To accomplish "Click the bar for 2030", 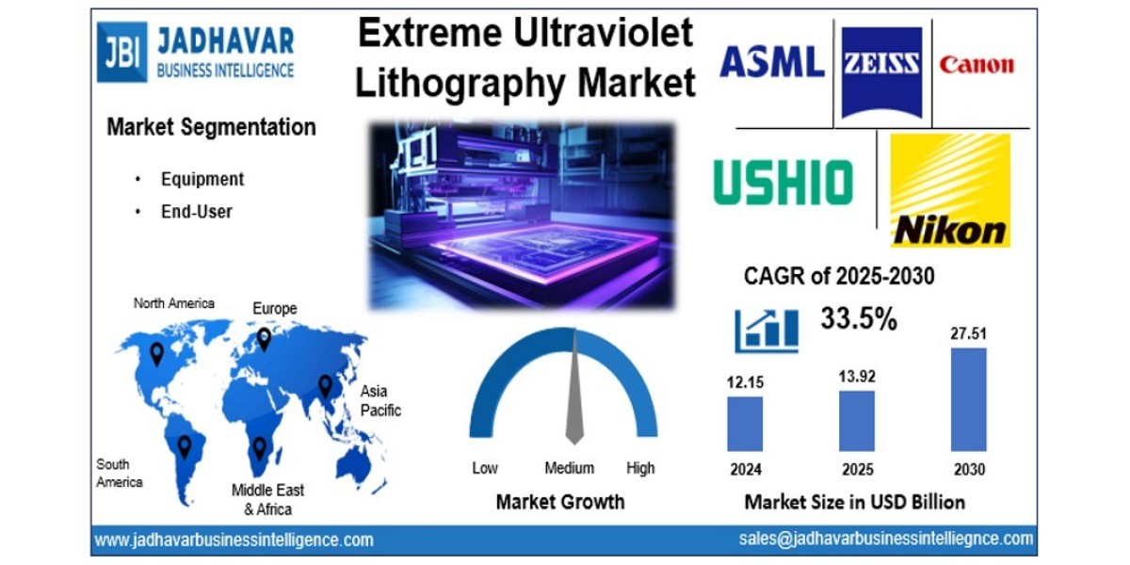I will pos(968,399).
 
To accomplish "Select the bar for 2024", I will pos(745,423).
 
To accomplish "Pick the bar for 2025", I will pos(857,420).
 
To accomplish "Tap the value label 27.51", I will pos(970,334).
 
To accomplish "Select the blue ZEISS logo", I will pos(881,72).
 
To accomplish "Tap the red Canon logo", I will pos(977,65).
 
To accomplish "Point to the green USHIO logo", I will pos(783,182).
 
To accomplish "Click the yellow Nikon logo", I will pos(949,189).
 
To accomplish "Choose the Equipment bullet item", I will pos(202,179).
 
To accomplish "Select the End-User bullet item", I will pos(196,212).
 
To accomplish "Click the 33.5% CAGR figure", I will pos(858,319).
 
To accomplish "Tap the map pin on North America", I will pos(156,353).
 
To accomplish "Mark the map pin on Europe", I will pos(265,338).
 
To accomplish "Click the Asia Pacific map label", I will pos(380,400).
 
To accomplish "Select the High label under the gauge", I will pos(640,468).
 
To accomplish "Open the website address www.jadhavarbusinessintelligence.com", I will pos(234,541).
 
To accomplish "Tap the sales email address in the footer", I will pos(886,539).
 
